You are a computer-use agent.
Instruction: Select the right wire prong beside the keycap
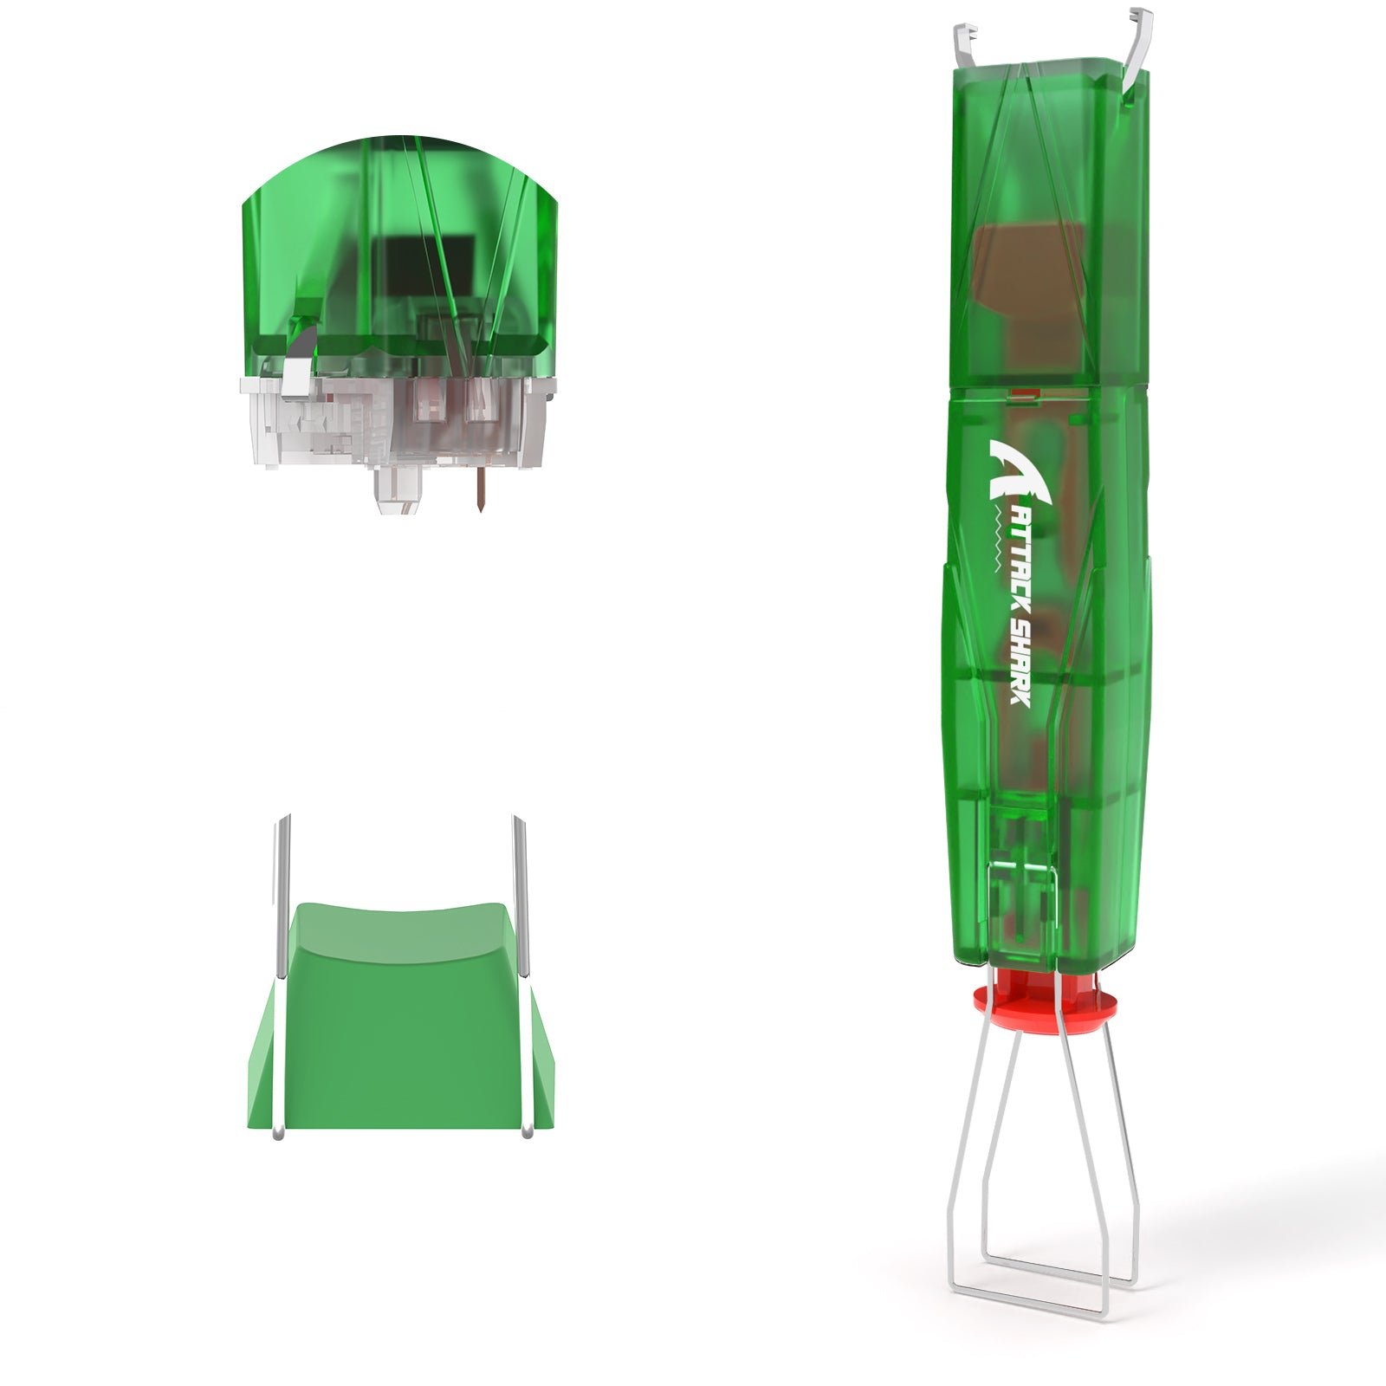521,975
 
